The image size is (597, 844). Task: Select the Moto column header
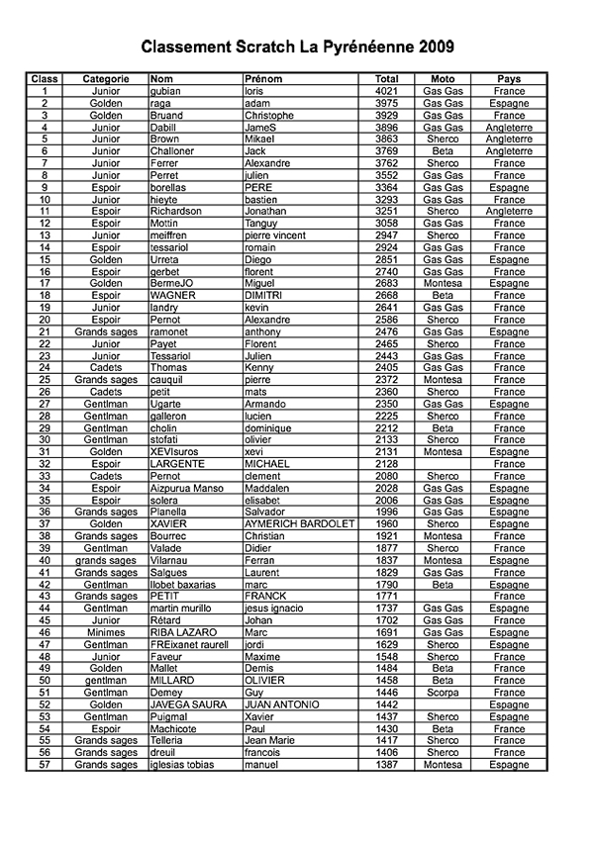(443, 78)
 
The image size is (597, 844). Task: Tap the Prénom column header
(262, 78)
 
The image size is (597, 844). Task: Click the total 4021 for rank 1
(387, 91)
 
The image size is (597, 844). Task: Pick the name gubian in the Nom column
(166, 91)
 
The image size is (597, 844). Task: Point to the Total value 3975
(387, 103)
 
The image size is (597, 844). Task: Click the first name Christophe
(269, 115)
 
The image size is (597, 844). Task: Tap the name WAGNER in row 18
(173, 295)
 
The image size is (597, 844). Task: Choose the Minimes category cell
(106, 632)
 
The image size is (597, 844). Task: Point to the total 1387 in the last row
(387, 765)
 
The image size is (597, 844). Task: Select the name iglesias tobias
(183, 765)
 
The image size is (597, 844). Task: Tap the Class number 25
(45, 380)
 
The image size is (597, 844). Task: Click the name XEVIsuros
(175, 452)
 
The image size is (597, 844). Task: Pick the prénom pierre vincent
(277, 235)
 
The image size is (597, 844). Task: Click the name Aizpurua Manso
(189, 488)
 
